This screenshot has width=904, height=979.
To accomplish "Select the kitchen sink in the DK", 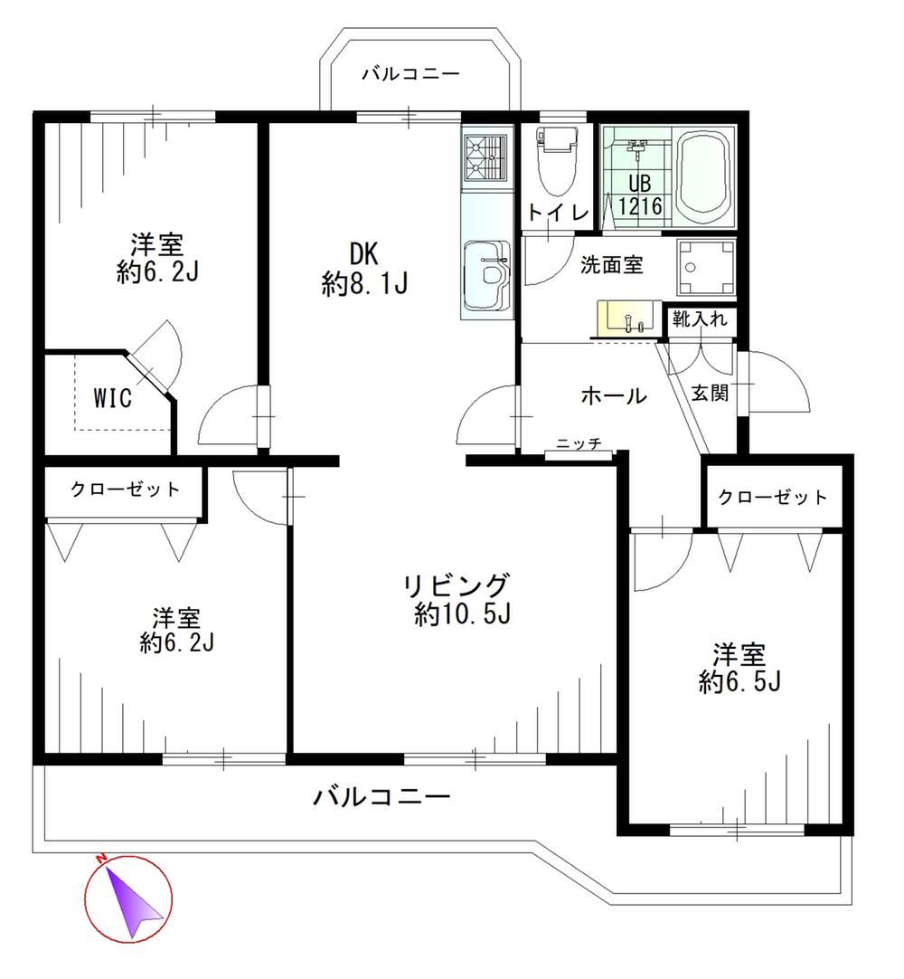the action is tap(486, 275).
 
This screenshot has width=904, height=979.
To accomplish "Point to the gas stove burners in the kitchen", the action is tap(486, 158).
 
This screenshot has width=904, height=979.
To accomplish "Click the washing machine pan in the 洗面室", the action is tap(706, 267).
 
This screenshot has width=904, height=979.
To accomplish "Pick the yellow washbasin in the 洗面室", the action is tap(628, 318).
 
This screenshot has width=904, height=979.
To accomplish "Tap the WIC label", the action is tap(112, 397).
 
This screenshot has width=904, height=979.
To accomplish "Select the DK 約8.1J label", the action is tap(364, 269).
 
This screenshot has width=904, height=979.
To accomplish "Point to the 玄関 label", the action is tap(710, 393).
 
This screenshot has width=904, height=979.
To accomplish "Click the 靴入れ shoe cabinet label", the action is tap(699, 318).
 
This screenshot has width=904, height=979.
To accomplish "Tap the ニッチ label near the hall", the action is tap(579, 444).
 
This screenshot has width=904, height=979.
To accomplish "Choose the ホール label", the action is tap(614, 395).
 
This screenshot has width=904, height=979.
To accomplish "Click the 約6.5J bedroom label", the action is tap(739, 669).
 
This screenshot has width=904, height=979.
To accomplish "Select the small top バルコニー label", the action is tap(411, 74).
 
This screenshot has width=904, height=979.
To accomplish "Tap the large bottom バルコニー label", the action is tap(381, 796).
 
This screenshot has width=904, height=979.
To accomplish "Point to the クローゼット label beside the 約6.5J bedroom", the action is tap(772, 497).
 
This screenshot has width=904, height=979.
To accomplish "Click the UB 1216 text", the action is tap(640, 195).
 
